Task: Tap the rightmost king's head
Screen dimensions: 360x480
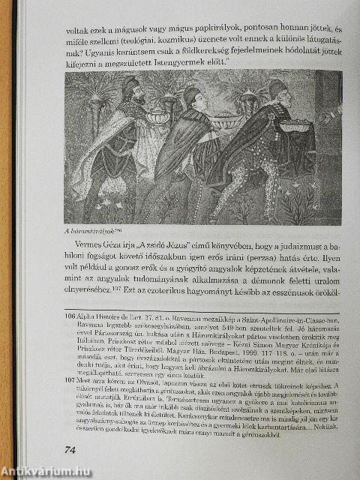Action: tap(277, 91)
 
